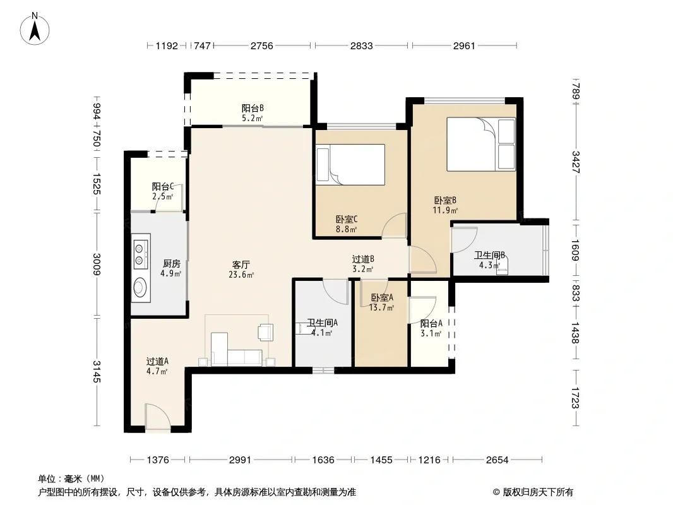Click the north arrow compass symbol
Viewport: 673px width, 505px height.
[x=35, y=28]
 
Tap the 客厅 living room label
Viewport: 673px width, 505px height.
[x=241, y=264]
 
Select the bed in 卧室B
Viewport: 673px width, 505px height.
[x=481, y=144]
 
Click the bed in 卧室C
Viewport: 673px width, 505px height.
[x=350, y=164]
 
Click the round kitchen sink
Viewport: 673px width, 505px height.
[x=140, y=287]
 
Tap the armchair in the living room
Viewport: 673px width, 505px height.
[x=265, y=332]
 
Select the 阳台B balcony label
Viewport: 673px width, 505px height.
[x=253, y=108]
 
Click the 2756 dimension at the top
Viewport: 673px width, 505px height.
[x=262, y=45]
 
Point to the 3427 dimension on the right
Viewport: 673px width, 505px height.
[x=576, y=162]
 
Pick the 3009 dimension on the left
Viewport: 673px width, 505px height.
[x=97, y=264]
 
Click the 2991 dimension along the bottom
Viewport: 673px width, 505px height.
[x=240, y=460]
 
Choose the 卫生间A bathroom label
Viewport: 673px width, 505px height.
[x=322, y=323]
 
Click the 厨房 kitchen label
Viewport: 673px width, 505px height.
[x=171, y=263]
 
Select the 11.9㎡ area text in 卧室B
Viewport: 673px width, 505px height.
[x=445, y=210]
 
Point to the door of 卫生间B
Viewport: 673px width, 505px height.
[x=464, y=239]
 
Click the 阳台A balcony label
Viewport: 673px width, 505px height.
[x=431, y=323]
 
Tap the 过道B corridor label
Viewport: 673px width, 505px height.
[x=363, y=259]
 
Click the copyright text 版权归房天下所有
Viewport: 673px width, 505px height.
[x=538, y=492]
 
